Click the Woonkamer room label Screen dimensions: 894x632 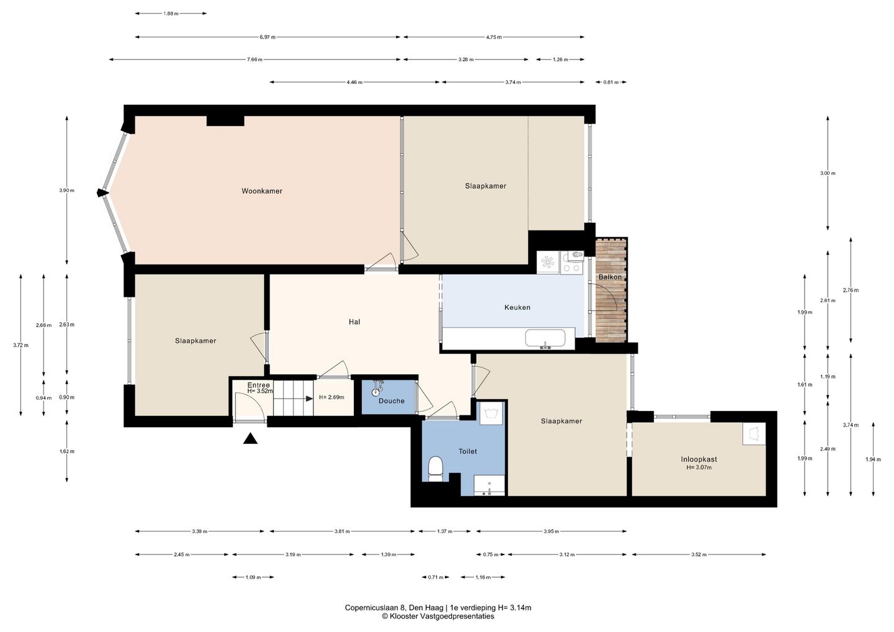262,191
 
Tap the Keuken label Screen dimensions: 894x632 517,307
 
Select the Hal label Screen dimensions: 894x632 354,322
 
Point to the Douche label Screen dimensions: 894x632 392,401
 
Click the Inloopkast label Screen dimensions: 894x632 699,459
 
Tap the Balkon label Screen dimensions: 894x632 610,277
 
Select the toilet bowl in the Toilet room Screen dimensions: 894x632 435,469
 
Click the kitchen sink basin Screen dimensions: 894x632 545,338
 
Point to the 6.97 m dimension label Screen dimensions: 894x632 268,37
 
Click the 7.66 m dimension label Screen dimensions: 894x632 255,60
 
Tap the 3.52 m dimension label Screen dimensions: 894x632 699,554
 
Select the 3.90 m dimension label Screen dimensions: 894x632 66,191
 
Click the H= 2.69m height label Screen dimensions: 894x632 332,397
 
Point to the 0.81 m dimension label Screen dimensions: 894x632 611,82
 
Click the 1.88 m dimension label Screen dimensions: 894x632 171,14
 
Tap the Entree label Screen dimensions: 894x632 259,385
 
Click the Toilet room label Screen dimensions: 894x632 467,451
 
